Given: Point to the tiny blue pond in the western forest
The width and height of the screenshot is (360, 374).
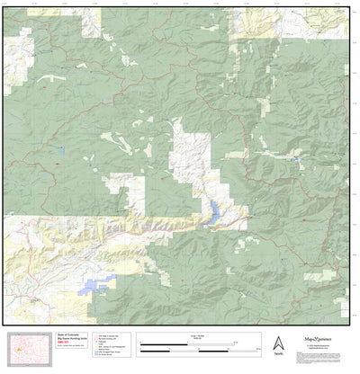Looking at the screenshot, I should coord(61,149).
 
